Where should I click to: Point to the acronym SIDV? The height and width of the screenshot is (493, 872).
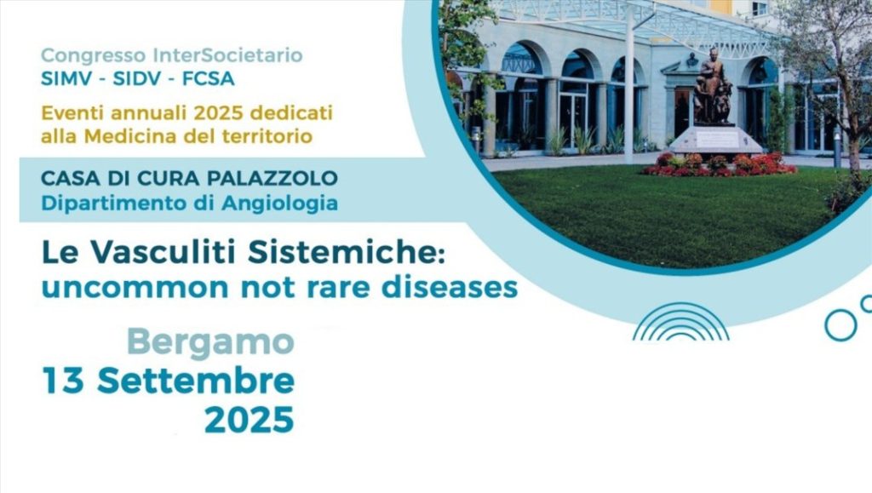[x=138, y=79]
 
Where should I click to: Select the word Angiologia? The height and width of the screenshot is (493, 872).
[x=279, y=204]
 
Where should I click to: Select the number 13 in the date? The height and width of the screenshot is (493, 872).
[x=63, y=381]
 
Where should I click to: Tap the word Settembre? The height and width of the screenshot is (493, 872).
[x=196, y=381]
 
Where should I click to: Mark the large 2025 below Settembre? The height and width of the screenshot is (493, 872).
[x=250, y=420]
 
